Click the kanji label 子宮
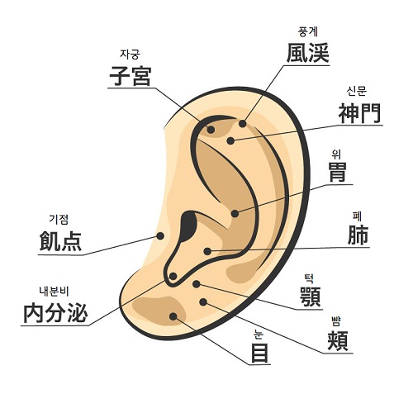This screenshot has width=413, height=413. pyautogui.click(x=131, y=76)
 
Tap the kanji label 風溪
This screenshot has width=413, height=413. pyautogui.click(x=308, y=53)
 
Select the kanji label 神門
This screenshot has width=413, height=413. pyautogui.click(x=359, y=113)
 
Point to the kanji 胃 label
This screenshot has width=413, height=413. pyautogui.click(x=338, y=172)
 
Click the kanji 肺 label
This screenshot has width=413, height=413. pyautogui.click(x=358, y=235)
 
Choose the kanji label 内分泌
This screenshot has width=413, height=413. pyautogui.click(x=55, y=313)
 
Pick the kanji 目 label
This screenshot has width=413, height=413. pyautogui.click(x=259, y=353)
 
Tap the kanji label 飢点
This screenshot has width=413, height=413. pyautogui.click(x=60, y=241)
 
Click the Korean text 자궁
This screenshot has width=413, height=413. pyautogui.click(x=130, y=55)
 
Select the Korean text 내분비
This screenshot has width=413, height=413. pyautogui.click(x=54, y=292)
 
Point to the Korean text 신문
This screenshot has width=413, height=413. pyautogui.click(x=357, y=91)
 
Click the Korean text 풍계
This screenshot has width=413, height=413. pyautogui.click(x=308, y=31)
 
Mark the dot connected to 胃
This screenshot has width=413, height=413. pyautogui.click(x=235, y=213)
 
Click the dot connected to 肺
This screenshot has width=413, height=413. pyautogui.click(x=207, y=251)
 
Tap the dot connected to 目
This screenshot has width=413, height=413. pyautogui.click(x=173, y=316)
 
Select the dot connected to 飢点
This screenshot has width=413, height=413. pyautogui.click(x=160, y=236)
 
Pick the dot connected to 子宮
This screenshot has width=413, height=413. pyautogui.click(x=211, y=130)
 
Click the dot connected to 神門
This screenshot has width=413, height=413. pyautogui.click(x=230, y=141)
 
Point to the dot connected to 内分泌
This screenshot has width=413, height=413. pyautogui.click(x=173, y=276)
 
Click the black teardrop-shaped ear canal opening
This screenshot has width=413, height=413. pyautogui.click(x=188, y=225)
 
